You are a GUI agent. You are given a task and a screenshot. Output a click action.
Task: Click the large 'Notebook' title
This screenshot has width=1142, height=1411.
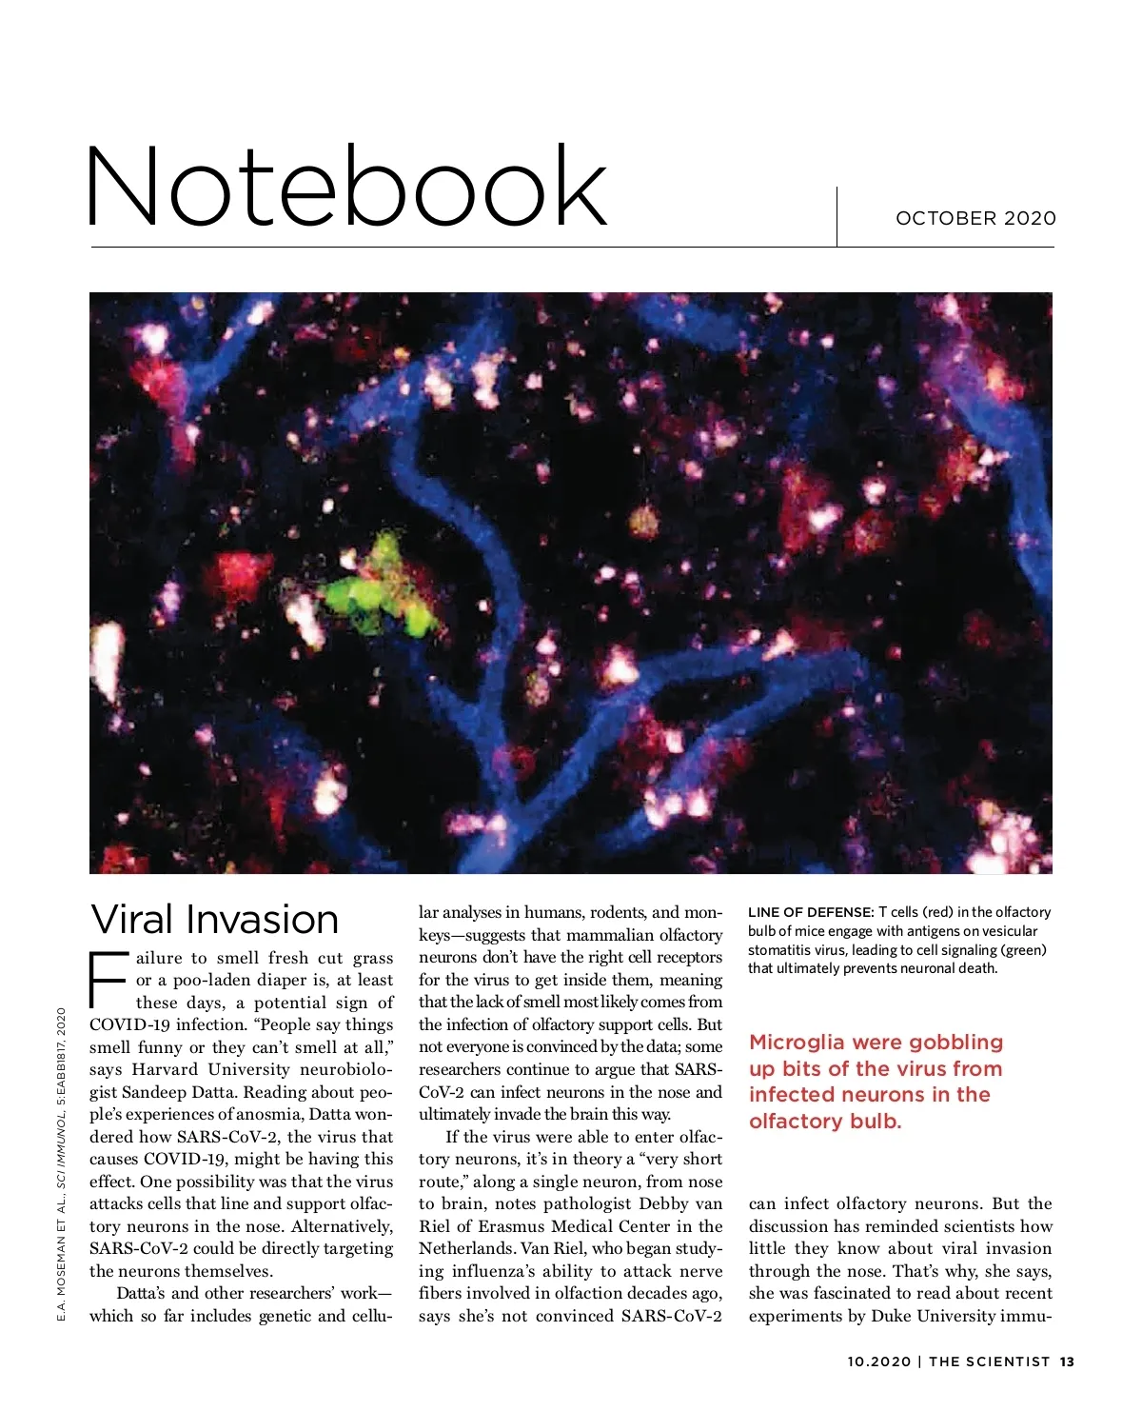346,187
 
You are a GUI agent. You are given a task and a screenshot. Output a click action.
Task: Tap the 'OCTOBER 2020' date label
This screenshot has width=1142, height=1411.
975,218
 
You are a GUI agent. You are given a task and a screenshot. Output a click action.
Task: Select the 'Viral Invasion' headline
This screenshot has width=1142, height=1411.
214,920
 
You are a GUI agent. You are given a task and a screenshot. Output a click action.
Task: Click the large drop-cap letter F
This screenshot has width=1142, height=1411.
108,980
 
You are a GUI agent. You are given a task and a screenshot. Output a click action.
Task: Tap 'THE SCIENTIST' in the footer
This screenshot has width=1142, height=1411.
989,1361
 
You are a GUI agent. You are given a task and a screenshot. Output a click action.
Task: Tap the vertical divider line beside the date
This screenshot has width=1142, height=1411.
837,217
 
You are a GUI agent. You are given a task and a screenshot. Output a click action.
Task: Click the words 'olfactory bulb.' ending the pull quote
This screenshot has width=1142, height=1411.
825,1122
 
